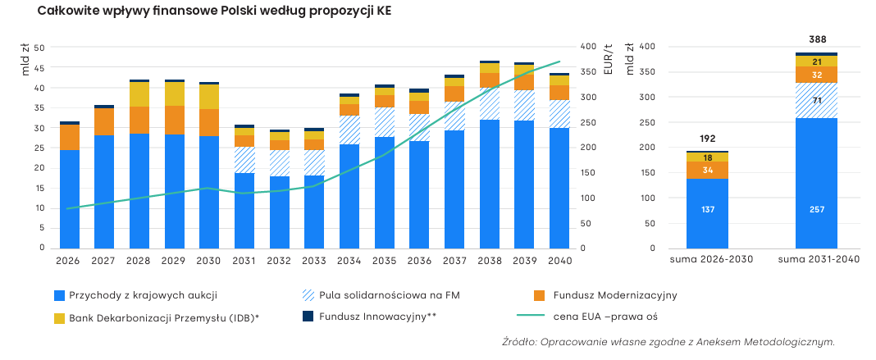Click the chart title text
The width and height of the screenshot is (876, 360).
[215, 12]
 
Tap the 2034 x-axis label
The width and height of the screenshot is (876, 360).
[349, 260]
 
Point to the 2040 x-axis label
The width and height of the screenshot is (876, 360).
[559, 260]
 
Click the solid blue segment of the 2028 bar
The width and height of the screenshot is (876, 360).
[139, 191]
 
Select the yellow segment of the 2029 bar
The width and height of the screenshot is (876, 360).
[175, 93]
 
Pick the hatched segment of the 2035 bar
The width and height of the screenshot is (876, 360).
[385, 121]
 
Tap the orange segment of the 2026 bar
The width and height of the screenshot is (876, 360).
[70, 137]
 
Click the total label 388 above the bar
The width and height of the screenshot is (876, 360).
[817, 39]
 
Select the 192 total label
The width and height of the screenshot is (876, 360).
[707, 139]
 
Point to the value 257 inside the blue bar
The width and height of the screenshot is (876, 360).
[816, 209]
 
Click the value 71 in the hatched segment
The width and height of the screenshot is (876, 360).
[816, 101]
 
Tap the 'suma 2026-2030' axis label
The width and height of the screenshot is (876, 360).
[707, 260]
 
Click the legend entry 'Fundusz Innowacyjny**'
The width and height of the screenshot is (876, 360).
[369, 317]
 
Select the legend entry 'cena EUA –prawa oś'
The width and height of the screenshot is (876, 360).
[586, 317]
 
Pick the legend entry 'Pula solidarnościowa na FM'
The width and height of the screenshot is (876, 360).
[381, 295]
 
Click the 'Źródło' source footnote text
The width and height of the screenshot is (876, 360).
[668, 342]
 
